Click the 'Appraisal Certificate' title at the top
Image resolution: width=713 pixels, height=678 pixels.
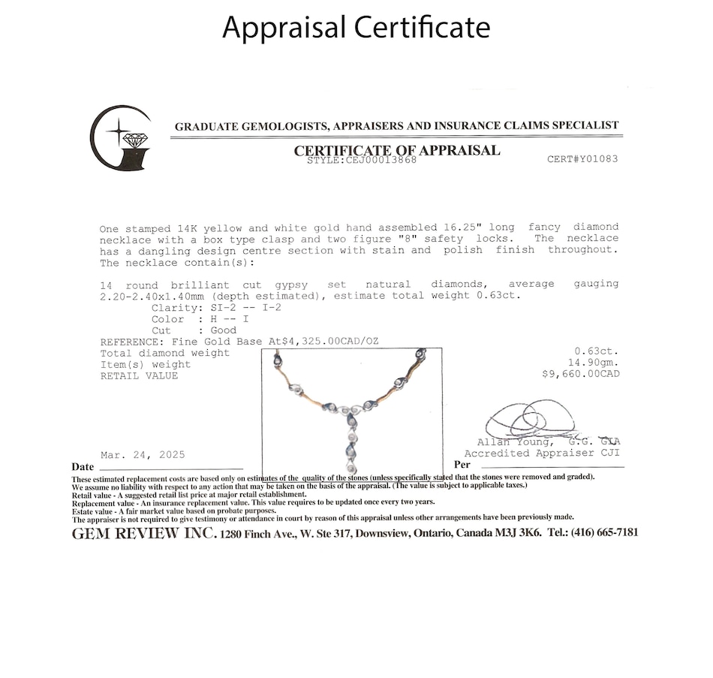[x=356, y=27]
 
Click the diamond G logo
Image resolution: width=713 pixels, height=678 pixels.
[x=121, y=138]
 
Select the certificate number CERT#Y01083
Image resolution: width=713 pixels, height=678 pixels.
[x=582, y=159]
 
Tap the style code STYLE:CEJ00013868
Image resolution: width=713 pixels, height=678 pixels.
[x=362, y=160]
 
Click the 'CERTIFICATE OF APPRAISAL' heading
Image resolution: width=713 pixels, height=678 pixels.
[x=396, y=149]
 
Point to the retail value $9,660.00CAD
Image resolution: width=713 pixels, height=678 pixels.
[x=580, y=374]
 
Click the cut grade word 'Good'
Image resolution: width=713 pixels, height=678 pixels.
[x=224, y=330]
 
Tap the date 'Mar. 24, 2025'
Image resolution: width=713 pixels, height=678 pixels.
[x=143, y=455]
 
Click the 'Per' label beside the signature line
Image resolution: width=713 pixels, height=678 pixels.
[x=462, y=465]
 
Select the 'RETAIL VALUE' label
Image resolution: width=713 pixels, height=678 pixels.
[x=139, y=375]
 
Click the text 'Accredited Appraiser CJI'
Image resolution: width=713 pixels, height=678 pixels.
[x=542, y=454]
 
